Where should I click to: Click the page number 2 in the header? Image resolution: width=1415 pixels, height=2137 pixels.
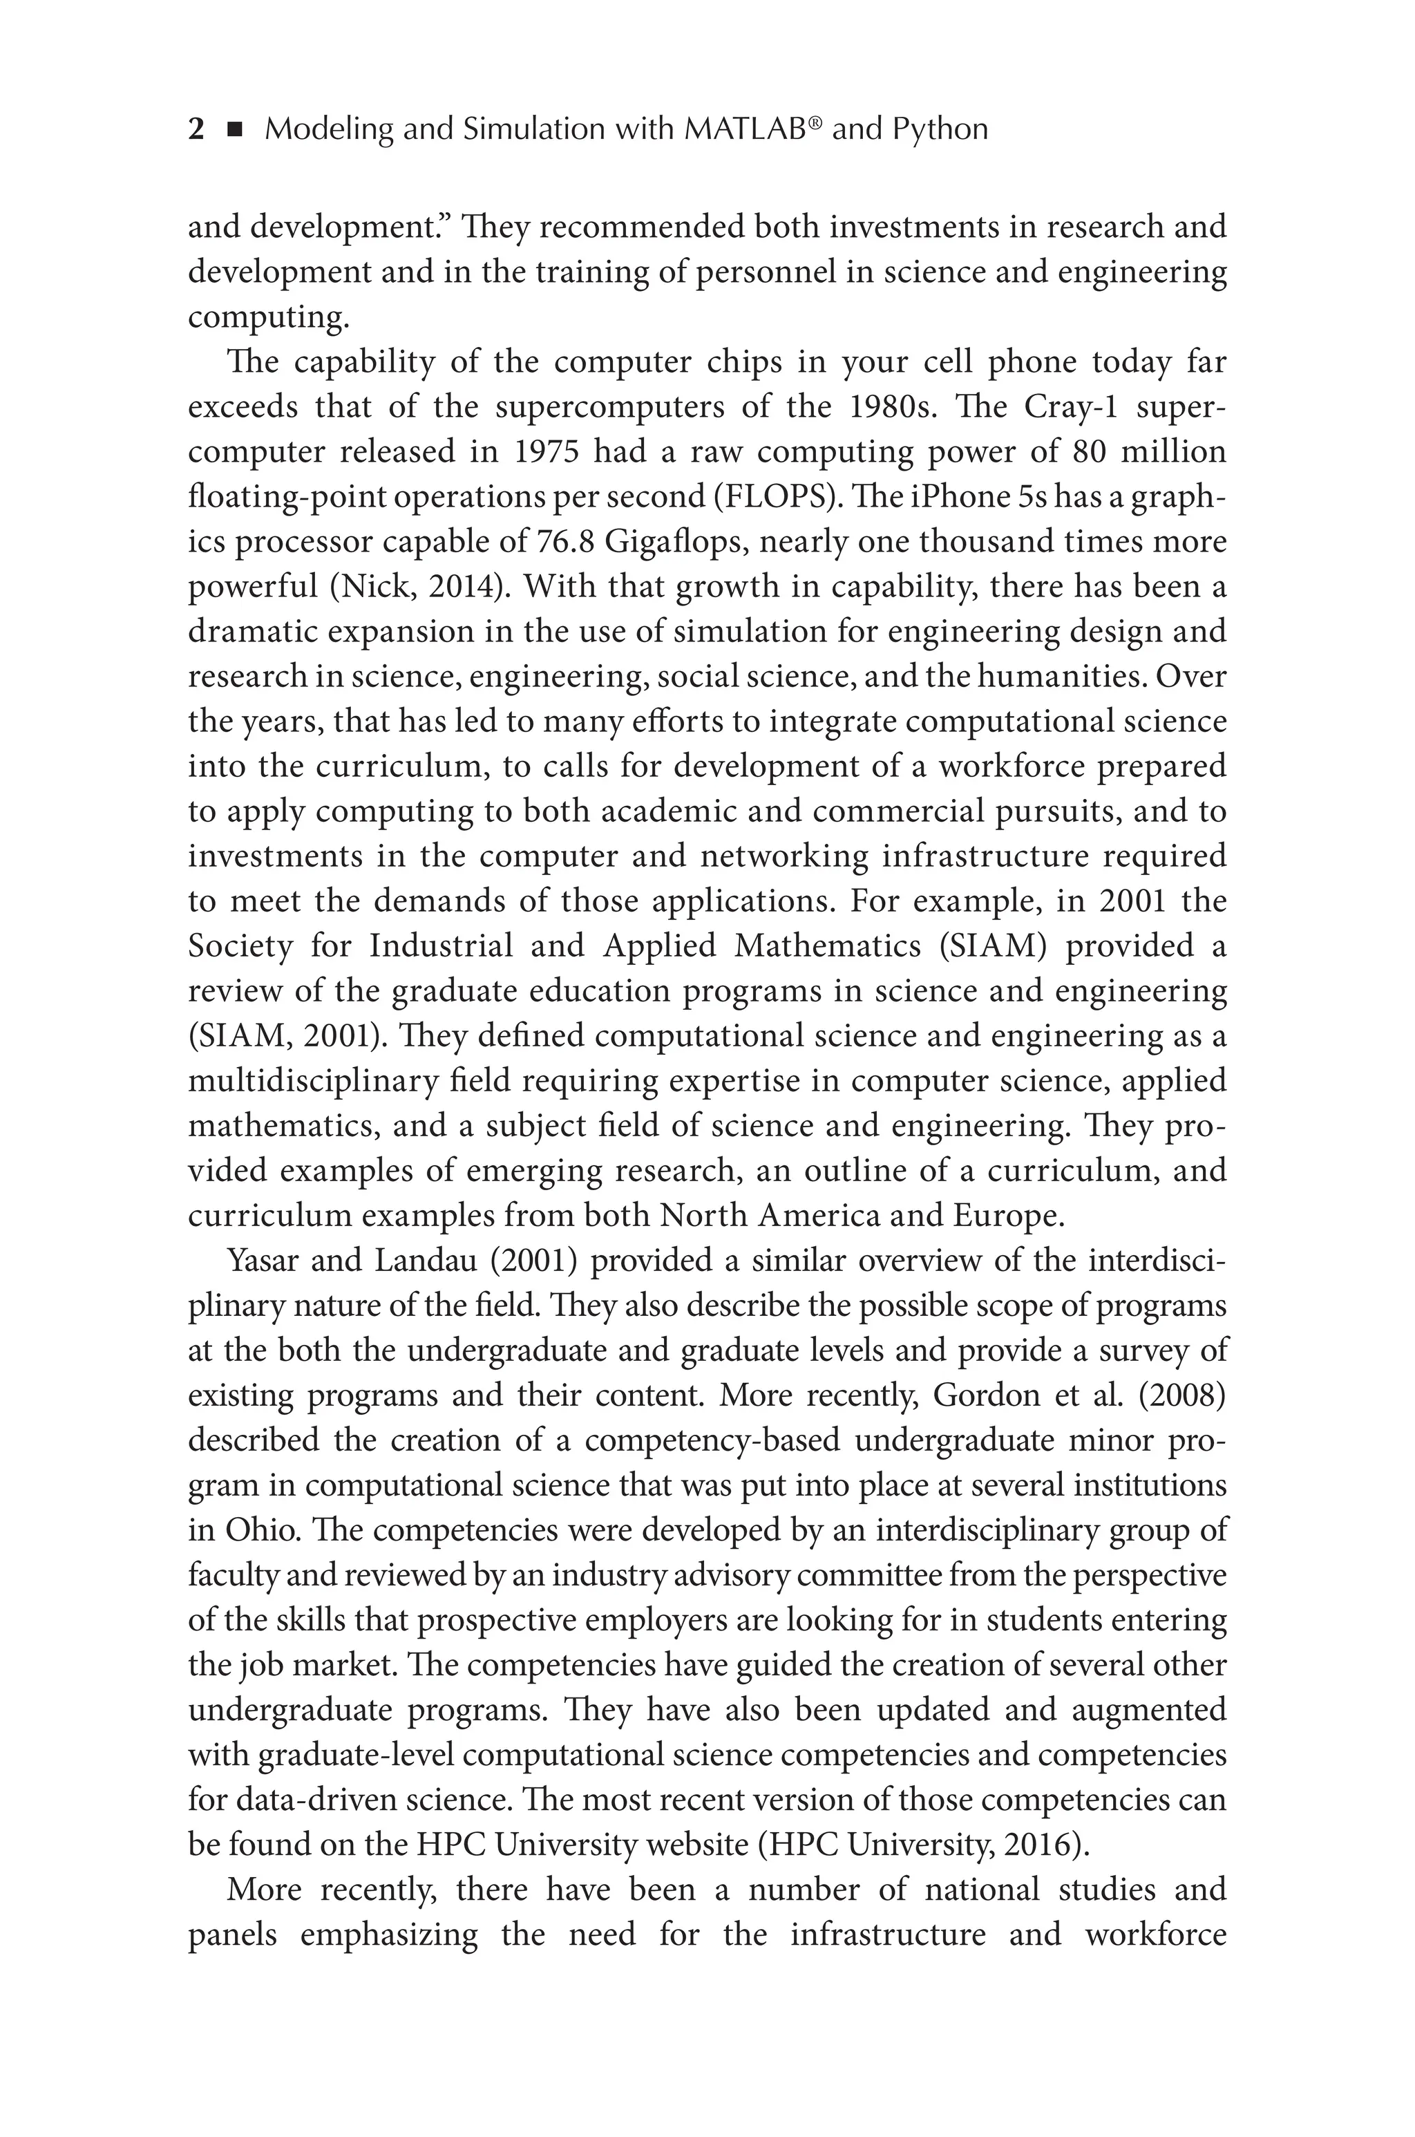(196, 130)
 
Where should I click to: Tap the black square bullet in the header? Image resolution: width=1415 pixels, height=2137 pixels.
(236, 130)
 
